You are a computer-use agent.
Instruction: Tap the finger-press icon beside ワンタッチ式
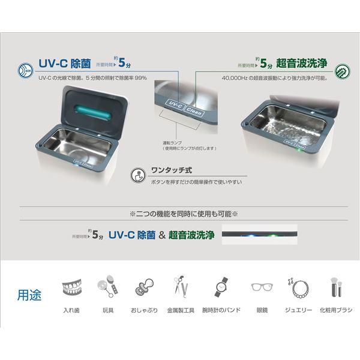137,174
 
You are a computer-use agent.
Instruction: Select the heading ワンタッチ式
167,170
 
